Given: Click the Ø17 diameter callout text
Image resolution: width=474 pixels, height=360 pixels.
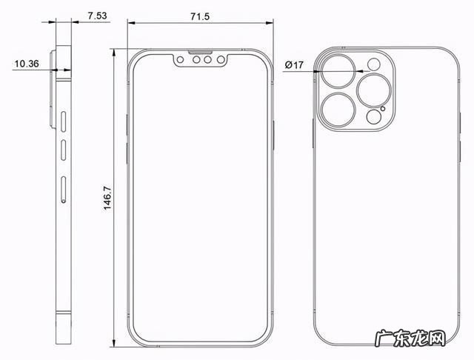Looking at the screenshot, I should coord(296,64).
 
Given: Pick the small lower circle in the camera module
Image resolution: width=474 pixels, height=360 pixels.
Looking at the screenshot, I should coord(373,117).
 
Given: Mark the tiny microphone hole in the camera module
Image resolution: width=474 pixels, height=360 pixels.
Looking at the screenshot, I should coord(383,109).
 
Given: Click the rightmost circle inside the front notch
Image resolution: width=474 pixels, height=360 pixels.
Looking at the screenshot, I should coord(220,62).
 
